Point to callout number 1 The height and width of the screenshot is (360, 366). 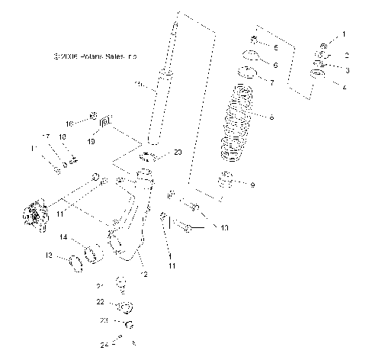(343, 34)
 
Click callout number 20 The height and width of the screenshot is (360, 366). (178, 153)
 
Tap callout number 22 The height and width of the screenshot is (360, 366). (99, 303)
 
